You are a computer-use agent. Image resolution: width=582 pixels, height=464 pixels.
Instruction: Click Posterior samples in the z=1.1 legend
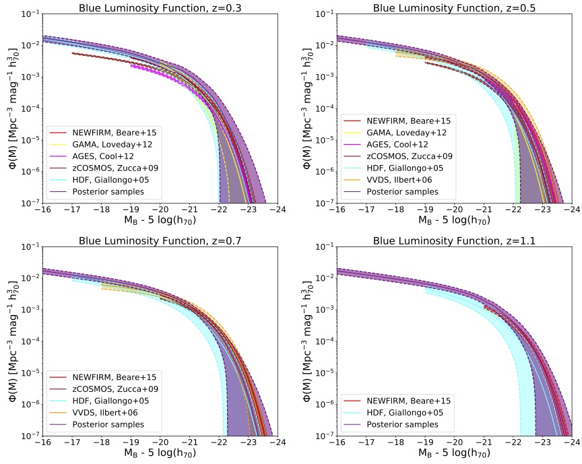[x=405, y=424]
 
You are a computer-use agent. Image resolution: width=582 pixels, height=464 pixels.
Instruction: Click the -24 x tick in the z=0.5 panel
[x=571, y=210]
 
